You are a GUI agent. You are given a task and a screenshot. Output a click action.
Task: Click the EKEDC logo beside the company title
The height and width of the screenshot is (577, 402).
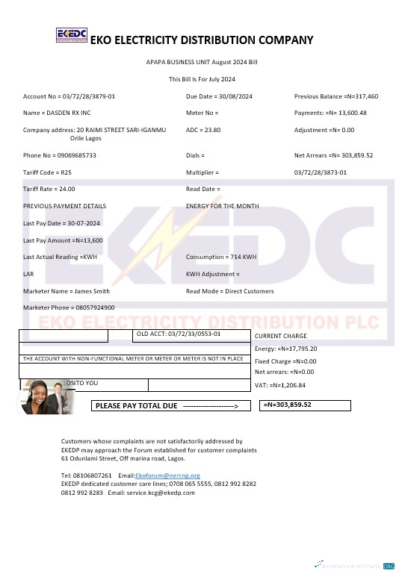72,37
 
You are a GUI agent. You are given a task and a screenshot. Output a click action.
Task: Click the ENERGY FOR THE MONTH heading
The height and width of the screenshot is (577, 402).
222,205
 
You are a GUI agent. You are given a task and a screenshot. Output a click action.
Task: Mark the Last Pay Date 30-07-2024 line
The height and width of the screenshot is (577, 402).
61,223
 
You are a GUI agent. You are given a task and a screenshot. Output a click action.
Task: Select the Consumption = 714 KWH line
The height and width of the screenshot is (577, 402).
220,257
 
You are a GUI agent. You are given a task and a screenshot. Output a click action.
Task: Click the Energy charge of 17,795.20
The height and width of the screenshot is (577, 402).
286,349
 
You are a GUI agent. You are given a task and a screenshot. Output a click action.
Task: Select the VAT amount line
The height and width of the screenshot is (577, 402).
280,386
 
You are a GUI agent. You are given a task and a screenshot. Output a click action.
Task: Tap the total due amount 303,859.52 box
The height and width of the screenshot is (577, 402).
306,405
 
